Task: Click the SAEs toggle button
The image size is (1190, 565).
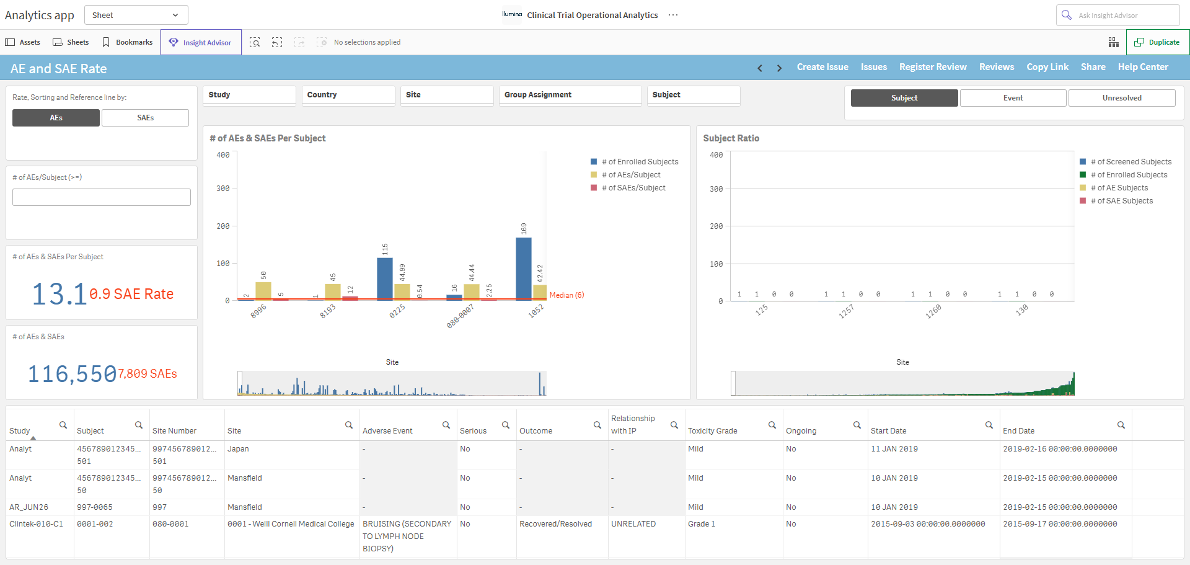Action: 145,118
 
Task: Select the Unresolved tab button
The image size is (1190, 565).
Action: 1122,98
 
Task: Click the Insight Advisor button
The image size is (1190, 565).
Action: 201,42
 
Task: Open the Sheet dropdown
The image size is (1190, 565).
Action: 136,15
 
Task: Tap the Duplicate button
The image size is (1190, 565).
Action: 1157,42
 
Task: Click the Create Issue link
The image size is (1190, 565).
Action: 822,67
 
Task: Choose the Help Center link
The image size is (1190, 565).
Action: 1143,67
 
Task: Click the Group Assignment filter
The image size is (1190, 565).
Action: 570,95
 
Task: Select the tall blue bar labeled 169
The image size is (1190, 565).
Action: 524,268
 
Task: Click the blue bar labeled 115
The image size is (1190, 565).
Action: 385,278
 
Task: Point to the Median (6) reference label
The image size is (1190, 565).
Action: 566,295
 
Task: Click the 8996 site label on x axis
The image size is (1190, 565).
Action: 258,311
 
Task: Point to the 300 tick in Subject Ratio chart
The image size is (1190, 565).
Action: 716,189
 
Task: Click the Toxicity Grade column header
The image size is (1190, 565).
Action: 712,431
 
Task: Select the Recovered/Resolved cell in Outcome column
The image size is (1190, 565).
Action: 555,524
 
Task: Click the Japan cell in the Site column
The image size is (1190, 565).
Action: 238,449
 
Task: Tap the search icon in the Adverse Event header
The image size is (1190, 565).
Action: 446,425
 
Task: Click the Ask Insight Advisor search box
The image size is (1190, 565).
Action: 1117,15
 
